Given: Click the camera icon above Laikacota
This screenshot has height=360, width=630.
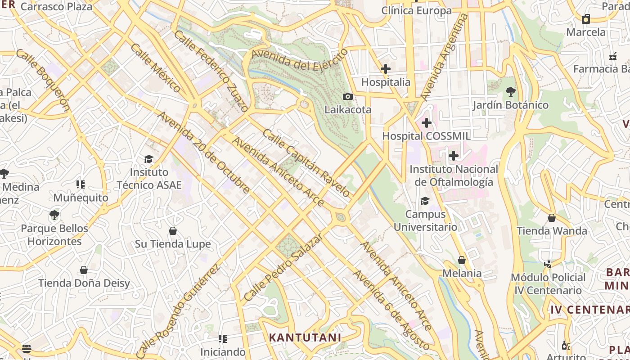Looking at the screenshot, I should [x=347, y=96].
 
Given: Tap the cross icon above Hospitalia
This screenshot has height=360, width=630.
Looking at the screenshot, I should [x=386, y=69].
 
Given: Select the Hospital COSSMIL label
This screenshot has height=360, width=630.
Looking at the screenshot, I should [x=426, y=136].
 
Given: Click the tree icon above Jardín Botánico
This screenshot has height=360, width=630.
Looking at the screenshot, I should [x=510, y=92].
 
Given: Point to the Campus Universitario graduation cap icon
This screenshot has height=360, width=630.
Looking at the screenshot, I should [x=425, y=201].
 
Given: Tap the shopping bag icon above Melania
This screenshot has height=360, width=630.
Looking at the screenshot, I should [x=462, y=260].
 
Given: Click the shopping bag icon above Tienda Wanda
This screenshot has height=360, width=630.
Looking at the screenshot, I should [x=552, y=218].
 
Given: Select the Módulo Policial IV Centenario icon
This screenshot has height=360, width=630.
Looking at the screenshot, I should [x=548, y=264].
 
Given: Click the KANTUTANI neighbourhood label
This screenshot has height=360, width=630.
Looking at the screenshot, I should [x=305, y=337].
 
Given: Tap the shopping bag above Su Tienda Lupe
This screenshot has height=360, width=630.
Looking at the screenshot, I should [x=173, y=231].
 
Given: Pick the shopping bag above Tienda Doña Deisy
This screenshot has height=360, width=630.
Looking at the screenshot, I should [x=84, y=270].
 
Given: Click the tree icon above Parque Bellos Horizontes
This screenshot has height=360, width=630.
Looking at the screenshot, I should [x=54, y=215].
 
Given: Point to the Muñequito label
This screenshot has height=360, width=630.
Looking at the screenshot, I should [x=81, y=198].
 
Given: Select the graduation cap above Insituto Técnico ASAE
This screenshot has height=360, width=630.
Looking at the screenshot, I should [x=149, y=159].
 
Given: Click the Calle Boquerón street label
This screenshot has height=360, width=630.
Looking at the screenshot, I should [x=43, y=80].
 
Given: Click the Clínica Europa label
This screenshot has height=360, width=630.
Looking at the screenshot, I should [x=416, y=10].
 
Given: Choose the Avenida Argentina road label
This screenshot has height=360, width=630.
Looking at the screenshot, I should [x=444, y=57].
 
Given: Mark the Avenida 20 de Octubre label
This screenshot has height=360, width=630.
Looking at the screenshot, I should [x=203, y=153].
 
